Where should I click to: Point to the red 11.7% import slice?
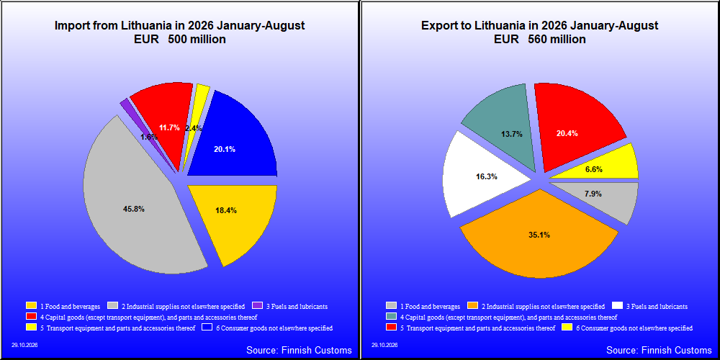(x=166, y=120)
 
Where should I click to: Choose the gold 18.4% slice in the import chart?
(x=234, y=216)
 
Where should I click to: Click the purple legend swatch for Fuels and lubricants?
(x=257, y=305)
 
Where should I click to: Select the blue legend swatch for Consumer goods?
(x=206, y=328)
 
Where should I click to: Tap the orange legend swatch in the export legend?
(x=472, y=306)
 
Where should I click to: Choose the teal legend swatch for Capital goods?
(x=391, y=317)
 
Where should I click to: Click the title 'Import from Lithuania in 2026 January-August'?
(x=179, y=26)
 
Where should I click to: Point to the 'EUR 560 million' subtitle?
(x=539, y=40)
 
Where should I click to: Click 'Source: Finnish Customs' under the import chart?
(x=299, y=350)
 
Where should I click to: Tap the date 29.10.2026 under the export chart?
(x=384, y=345)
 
